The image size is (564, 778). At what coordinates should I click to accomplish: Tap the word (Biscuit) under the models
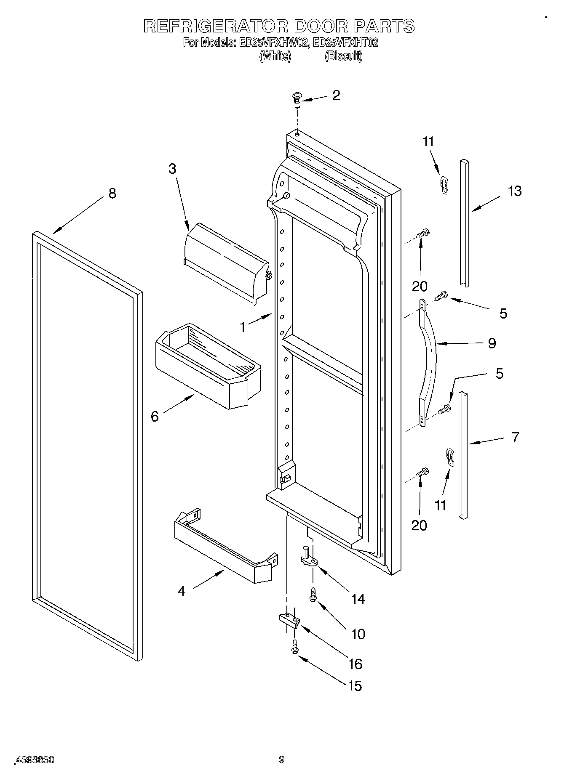pyautogui.click(x=343, y=56)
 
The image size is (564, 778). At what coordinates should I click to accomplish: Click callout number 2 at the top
pyautogui.click(x=336, y=96)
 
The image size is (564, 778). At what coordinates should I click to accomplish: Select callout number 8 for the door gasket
pyautogui.click(x=112, y=194)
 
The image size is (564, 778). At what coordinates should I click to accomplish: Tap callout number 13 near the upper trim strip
pyautogui.click(x=514, y=191)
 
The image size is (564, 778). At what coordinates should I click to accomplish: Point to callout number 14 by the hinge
pyautogui.click(x=358, y=599)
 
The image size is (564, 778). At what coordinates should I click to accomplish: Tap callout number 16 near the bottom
pyautogui.click(x=356, y=664)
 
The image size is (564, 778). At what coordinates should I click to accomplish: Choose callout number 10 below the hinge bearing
pyautogui.click(x=358, y=634)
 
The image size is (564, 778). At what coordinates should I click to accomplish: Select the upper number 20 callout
pyautogui.click(x=420, y=287)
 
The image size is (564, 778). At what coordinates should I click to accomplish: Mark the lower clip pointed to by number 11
pyautogui.click(x=451, y=457)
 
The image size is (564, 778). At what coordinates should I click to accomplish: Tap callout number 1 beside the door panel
pyautogui.click(x=243, y=327)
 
